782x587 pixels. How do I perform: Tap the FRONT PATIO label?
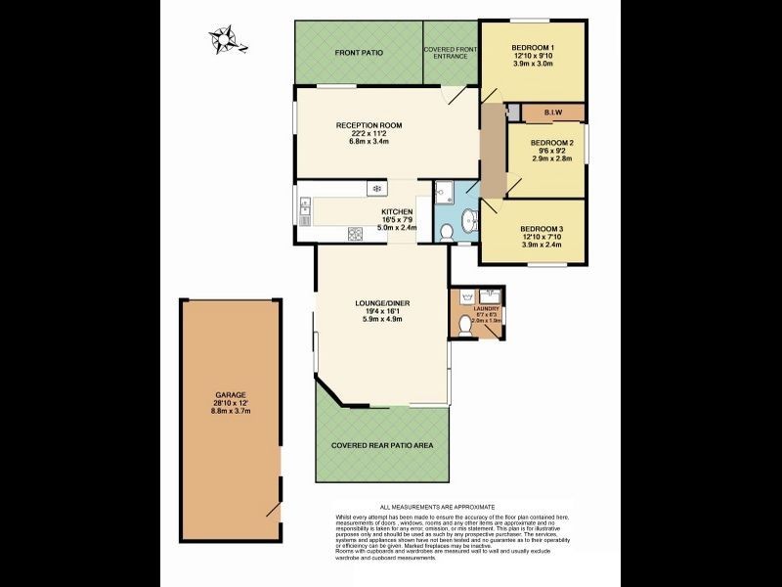(359, 53)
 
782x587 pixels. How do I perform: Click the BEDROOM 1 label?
(533, 48)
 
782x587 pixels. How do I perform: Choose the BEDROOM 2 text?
(551, 143)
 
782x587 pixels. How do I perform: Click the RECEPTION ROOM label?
(369, 125)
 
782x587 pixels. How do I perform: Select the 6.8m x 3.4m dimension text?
(369, 142)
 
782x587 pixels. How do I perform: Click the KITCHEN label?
(397, 211)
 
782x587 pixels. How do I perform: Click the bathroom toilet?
(446, 232)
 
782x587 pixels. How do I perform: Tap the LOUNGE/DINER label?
(382, 303)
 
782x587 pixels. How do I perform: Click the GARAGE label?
(231, 394)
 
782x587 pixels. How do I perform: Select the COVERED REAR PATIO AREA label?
(382, 445)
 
